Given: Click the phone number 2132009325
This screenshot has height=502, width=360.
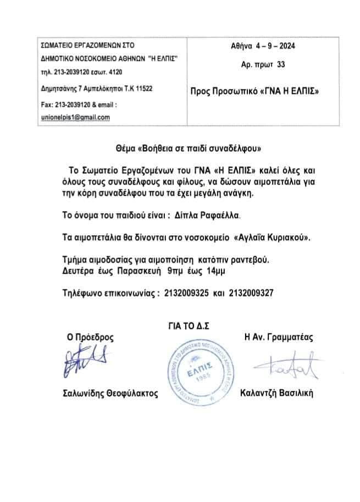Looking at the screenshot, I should point(186,294).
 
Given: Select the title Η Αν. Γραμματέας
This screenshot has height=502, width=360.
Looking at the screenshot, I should point(277,338).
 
